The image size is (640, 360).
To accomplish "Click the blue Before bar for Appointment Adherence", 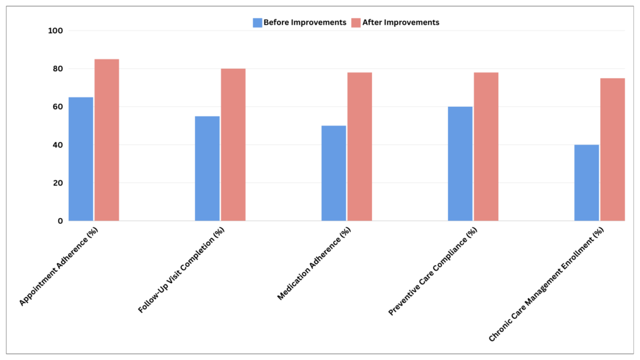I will tap(81, 159).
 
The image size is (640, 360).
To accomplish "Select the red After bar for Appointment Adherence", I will tap(106, 140).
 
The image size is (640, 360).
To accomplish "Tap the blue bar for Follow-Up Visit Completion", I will tap(207, 169).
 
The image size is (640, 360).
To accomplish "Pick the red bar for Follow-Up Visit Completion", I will tap(232, 145).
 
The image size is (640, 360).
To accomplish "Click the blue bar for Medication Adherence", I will tap(334, 173).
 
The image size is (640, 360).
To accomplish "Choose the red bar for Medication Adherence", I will tap(359, 147).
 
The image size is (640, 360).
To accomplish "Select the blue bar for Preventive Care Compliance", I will tap(460, 164).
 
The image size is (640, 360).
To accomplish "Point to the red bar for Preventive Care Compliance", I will tap(486, 147).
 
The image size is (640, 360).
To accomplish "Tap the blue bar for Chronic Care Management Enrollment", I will tap(586, 183).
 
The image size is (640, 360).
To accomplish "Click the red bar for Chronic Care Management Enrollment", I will tap(612, 149).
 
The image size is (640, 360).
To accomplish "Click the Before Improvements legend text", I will tap(304, 22).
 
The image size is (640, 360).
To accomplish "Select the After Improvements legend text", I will tap(401, 22).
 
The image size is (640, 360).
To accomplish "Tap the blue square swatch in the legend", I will tap(257, 22).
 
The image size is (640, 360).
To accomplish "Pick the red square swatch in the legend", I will tap(356, 22).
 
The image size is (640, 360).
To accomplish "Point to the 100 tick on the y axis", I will tap(56, 31).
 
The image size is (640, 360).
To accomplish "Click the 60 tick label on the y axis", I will tap(57, 107).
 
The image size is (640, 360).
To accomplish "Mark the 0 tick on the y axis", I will tap(60, 221).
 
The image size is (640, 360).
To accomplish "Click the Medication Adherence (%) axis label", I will tap(315, 264).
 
